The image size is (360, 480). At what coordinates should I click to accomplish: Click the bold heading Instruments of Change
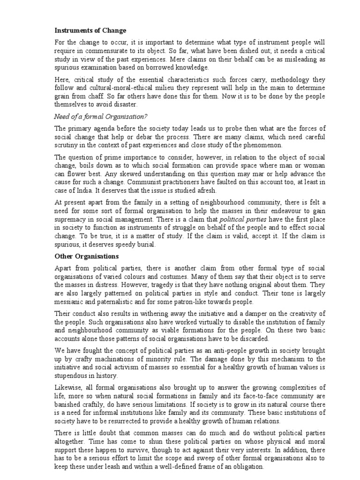[90, 30]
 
